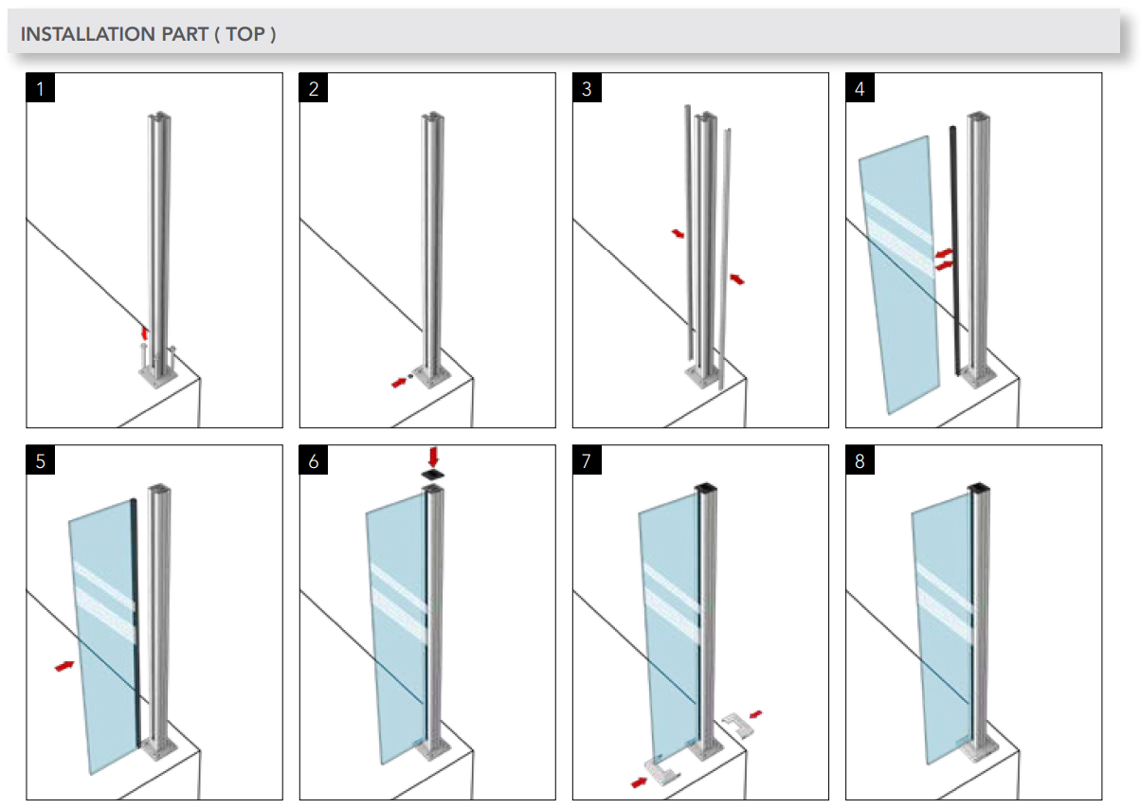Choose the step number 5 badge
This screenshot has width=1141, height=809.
pos(41,461)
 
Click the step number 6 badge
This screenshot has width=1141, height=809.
pos(314,461)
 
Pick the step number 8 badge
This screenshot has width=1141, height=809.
pos(860,461)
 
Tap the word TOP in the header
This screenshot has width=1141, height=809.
pos(250,34)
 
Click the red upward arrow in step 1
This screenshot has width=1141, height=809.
pos(144,333)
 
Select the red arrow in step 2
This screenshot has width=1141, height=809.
pos(401,382)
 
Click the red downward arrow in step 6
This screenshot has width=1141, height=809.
pos(433,456)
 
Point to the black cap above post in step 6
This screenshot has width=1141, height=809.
pos(433,474)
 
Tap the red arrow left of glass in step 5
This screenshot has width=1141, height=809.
pos(64,666)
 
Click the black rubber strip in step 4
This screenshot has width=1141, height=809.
pos(954,256)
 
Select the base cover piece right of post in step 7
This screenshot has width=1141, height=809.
pos(735,727)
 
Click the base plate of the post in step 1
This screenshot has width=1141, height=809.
pos(156,377)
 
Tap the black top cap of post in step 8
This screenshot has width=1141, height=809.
pos(979,489)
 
